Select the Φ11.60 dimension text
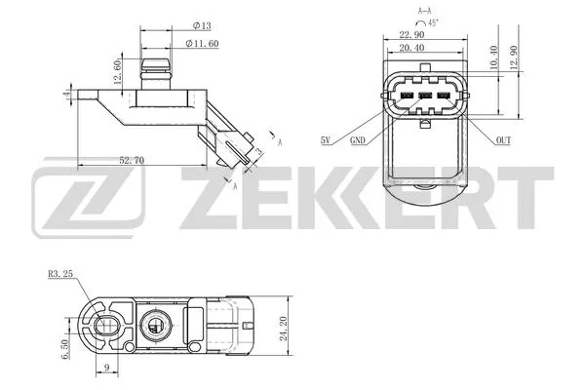tap(203, 44)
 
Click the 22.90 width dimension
tap(424, 33)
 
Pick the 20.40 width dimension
tap(424, 46)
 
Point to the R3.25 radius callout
tap(61, 276)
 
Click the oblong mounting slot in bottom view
tap(105, 324)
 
